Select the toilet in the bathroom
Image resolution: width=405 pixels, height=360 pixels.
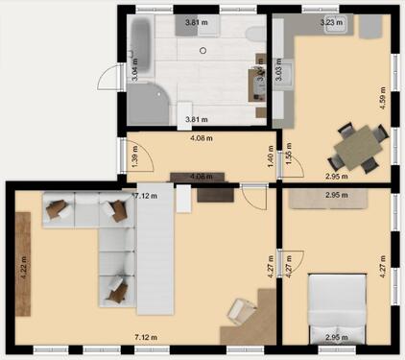[x=254, y=35]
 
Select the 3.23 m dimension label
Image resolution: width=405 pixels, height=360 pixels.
[x=329, y=20]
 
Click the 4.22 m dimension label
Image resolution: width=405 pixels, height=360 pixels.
[x=23, y=263]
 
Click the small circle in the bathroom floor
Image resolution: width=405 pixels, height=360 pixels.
[x=203, y=49]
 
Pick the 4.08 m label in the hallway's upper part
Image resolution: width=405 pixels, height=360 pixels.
[x=201, y=139]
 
